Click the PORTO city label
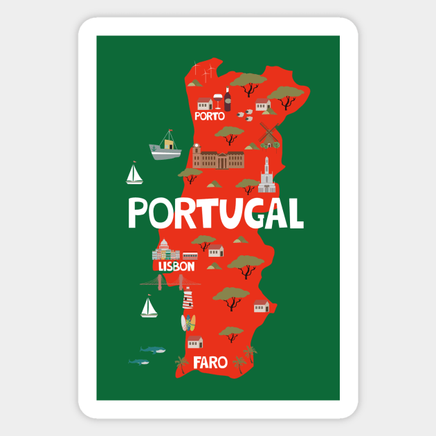click(x=210, y=117)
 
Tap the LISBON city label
click(x=176, y=265)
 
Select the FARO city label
click(x=210, y=361)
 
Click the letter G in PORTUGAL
click(x=249, y=213)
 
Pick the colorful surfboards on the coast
click(x=188, y=322)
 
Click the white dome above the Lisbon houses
click(x=165, y=246)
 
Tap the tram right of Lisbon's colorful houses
click(x=190, y=255)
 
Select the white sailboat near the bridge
click(x=149, y=307)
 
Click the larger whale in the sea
click(x=153, y=350)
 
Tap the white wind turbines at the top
click(x=201, y=70)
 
